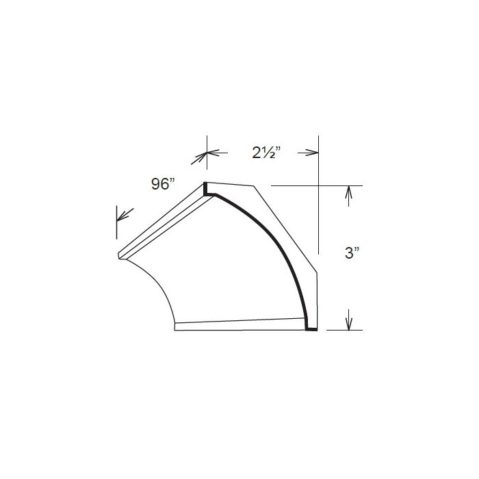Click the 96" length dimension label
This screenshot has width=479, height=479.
164,183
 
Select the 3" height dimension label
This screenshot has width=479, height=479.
352,253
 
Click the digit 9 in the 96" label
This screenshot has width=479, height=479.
157,183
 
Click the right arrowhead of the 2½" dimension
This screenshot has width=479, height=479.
312,153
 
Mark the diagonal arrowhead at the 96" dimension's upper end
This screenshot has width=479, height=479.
202,157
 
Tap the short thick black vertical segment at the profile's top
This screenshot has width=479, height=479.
205,189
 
